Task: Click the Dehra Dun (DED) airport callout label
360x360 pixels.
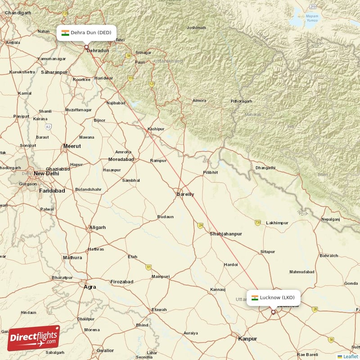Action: [x=86, y=32]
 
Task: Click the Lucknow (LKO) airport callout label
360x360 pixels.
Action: [x=273, y=297]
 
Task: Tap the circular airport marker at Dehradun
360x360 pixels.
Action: [x=86, y=46]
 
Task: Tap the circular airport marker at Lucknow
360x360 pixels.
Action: [x=273, y=311]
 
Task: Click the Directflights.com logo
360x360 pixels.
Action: [x=33, y=338]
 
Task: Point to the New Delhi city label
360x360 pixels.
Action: [x=46, y=173]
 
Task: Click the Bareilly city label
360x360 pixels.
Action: [x=185, y=194]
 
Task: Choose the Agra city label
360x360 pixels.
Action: [x=90, y=286]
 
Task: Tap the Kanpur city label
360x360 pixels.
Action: [x=247, y=338]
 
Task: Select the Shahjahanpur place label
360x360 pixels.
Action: [x=226, y=234]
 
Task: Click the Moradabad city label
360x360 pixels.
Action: [x=121, y=159]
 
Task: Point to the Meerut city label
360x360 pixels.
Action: [x=72, y=146]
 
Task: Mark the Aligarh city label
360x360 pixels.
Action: [x=97, y=228]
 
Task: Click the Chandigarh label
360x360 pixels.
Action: [x=18, y=13]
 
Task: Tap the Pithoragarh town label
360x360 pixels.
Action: [x=241, y=101]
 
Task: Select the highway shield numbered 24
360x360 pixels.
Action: [x=200, y=225]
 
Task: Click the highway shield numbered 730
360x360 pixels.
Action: [x=258, y=222]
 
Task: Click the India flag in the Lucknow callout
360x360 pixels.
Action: [x=255, y=297]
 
